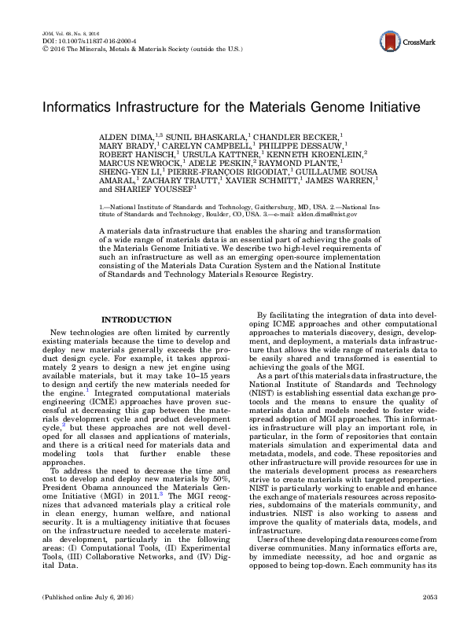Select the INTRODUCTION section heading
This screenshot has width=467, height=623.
tap(138, 319)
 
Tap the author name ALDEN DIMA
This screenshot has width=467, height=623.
tap(126, 136)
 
